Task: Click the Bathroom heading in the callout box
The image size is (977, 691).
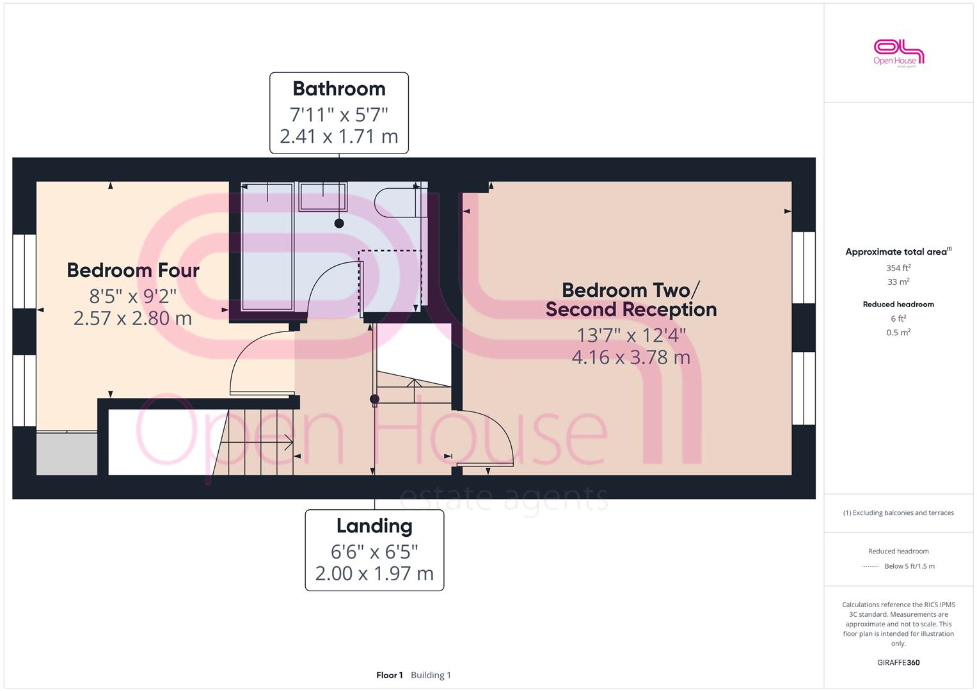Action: [x=339, y=89]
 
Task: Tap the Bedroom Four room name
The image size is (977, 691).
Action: [x=133, y=271]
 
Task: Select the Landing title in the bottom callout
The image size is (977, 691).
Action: [x=374, y=526]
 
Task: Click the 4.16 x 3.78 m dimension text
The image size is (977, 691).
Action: [x=631, y=358]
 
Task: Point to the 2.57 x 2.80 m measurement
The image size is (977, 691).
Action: [x=132, y=319]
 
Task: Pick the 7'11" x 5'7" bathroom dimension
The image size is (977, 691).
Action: [x=339, y=115]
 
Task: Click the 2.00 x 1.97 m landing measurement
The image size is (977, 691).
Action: [x=374, y=574]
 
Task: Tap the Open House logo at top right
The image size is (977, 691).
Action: [x=898, y=54]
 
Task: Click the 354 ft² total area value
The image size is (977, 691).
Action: [x=898, y=268]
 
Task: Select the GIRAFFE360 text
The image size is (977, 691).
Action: [x=898, y=662]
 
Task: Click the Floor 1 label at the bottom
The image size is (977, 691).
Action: [x=389, y=675]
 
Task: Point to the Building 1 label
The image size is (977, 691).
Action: [x=431, y=675]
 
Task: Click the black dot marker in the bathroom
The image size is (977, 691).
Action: [x=339, y=223]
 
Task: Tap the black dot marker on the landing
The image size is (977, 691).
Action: [x=374, y=399]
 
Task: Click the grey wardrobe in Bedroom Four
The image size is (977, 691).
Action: [x=67, y=453]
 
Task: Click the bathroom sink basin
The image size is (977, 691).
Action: [x=322, y=196]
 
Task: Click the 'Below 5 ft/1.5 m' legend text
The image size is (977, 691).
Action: [x=909, y=566]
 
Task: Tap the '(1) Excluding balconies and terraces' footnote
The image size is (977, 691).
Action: [x=898, y=513]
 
